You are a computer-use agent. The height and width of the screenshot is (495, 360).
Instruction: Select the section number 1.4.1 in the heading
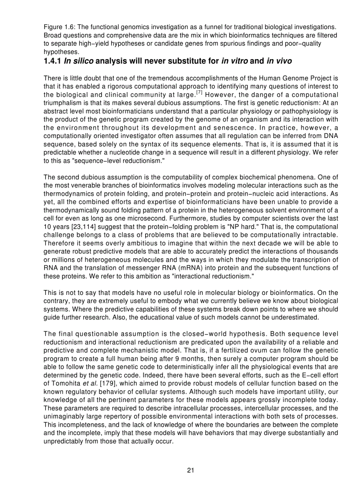(52, 60)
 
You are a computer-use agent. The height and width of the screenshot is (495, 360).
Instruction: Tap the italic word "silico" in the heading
(84, 60)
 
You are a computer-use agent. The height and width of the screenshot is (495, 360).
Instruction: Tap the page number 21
(191, 470)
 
